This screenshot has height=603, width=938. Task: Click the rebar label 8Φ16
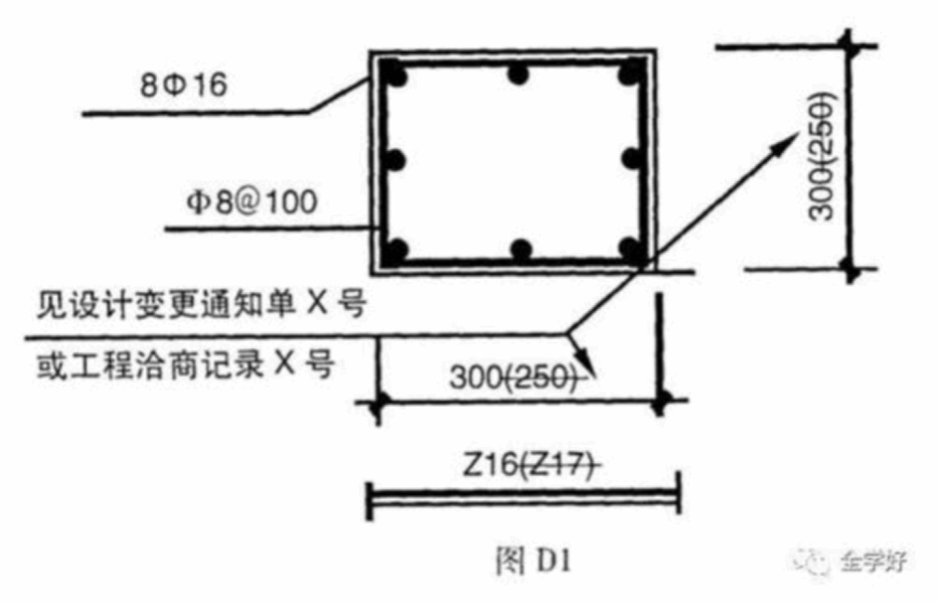(183, 87)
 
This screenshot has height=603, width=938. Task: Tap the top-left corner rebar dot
(394, 72)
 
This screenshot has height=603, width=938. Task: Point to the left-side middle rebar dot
(394, 160)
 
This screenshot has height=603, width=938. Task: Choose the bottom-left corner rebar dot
(396, 249)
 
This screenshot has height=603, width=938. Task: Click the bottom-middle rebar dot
(520, 249)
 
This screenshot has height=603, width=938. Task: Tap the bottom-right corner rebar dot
(632, 249)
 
